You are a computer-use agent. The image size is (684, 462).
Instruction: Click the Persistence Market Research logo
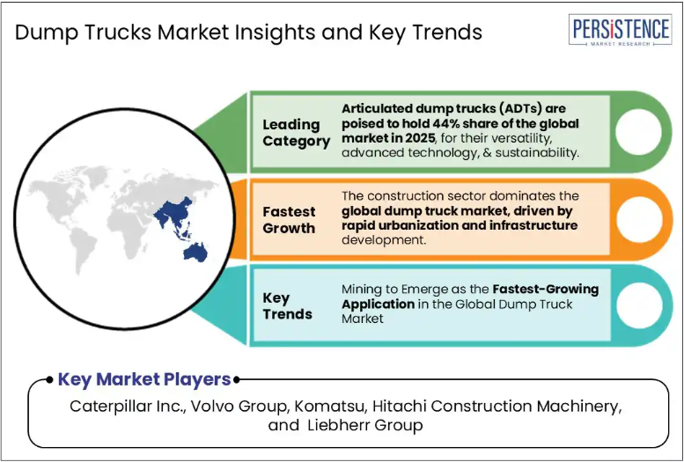(620, 30)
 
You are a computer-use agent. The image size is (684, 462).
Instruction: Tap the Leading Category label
(296, 133)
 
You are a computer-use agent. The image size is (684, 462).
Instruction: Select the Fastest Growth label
(289, 220)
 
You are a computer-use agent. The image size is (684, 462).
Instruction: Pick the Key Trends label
(287, 306)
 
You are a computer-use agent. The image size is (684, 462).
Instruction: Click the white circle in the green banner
(638, 131)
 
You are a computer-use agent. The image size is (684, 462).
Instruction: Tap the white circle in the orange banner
(638, 219)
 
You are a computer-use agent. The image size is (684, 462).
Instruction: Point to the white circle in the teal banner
(639, 305)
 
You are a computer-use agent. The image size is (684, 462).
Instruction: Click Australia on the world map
(195, 253)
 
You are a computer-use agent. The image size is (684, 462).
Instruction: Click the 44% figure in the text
(446, 123)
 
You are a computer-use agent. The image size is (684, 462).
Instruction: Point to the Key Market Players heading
(144, 379)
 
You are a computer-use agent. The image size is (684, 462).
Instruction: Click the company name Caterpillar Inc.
(129, 407)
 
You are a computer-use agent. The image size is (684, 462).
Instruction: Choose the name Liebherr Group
(365, 425)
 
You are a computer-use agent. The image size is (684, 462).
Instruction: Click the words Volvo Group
(239, 407)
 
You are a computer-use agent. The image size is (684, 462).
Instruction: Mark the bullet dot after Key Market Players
(237, 380)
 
